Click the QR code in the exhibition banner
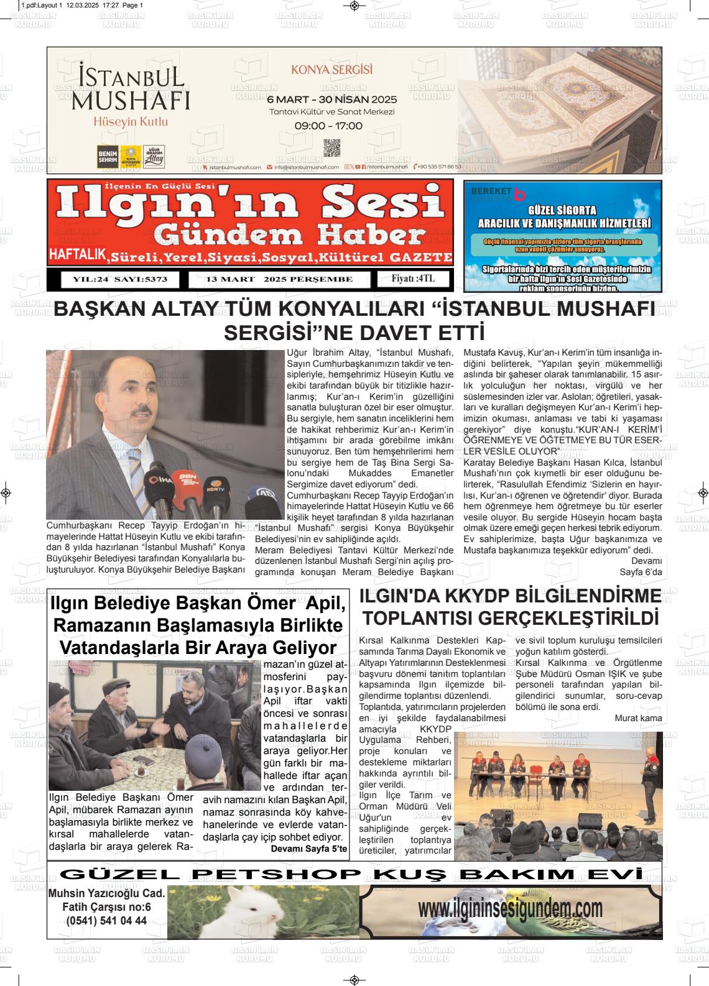pos(332,148)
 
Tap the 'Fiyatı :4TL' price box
pos(412,279)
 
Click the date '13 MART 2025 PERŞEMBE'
pos(279,280)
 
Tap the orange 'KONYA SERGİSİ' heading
pos(331,70)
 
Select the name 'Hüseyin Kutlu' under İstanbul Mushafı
pos(131,122)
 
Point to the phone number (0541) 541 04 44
pos(106,921)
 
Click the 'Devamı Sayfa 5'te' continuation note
pos(309,848)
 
